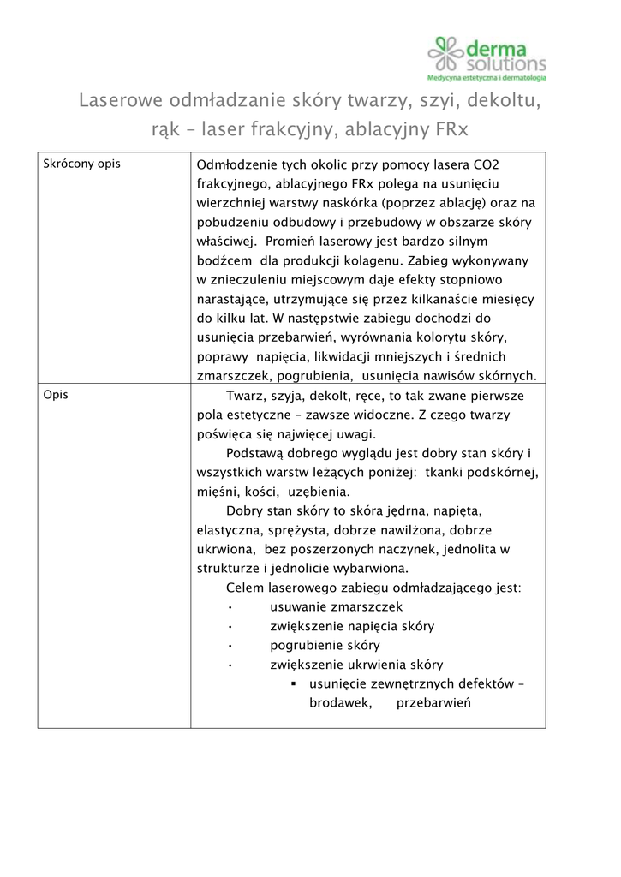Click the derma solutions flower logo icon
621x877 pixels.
click(446, 53)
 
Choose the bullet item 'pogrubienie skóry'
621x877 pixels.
click(325, 645)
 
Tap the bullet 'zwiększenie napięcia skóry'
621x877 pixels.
click(351, 626)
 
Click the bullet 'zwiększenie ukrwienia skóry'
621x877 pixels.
click(355, 665)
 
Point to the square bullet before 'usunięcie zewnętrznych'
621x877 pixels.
click(293, 684)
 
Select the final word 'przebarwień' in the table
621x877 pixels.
click(435, 703)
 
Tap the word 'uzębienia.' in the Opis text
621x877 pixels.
click(319, 492)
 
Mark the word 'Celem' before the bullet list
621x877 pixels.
click(245, 588)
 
